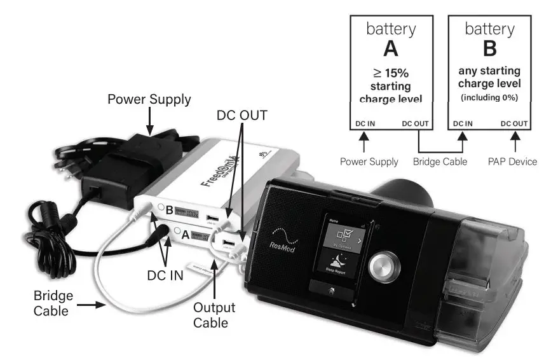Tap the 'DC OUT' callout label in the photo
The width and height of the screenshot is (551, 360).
click(x=242, y=115)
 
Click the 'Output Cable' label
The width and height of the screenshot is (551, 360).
click(x=214, y=315)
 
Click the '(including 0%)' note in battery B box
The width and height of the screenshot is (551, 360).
click(x=489, y=97)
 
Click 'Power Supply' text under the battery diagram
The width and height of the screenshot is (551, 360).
click(x=369, y=162)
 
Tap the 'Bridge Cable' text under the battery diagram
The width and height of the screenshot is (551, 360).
click(x=440, y=162)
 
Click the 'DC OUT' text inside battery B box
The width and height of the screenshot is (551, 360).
click(x=514, y=123)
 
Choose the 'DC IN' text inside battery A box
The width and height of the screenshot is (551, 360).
click(x=365, y=123)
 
